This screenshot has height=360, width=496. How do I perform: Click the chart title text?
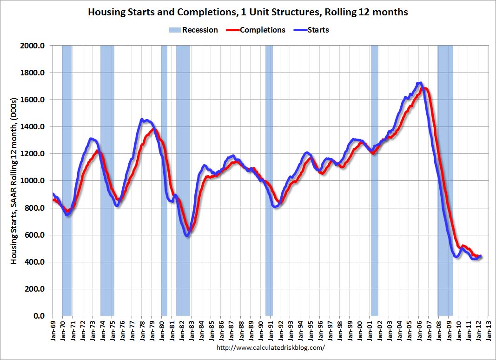tap(248, 12)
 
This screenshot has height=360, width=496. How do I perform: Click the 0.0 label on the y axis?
tap(39, 316)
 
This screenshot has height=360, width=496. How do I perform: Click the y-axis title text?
tap(14, 181)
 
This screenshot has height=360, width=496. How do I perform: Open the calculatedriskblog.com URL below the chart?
tap(271, 347)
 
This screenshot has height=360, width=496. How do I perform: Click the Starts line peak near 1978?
tap(142, 120)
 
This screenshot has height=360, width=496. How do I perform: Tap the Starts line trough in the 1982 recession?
tap(187, 236)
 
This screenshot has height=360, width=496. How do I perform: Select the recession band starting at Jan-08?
tap(445, 181)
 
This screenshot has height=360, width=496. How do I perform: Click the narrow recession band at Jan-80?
tap(164, 181)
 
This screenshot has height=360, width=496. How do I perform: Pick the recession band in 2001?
tap(374, 181)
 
